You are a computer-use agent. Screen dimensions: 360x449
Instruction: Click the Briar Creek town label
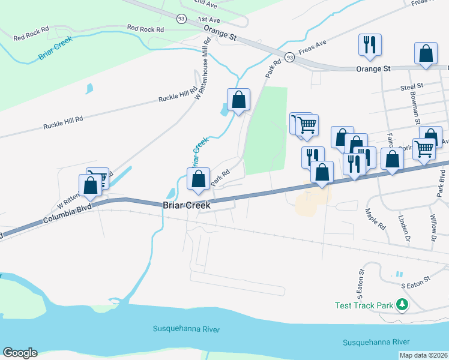(187, 205)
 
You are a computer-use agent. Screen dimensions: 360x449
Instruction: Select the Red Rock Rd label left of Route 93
(146, 29)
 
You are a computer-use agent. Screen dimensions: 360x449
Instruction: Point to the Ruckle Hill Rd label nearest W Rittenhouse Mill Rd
(178, 95)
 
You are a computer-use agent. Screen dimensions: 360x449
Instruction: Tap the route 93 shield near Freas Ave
(290, 58)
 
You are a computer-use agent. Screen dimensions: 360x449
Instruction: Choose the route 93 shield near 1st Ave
(181, 19)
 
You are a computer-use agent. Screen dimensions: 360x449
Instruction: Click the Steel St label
(412, 87)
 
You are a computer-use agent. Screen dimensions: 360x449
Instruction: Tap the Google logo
(20, 353)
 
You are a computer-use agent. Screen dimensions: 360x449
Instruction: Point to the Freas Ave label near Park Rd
(312, 47)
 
